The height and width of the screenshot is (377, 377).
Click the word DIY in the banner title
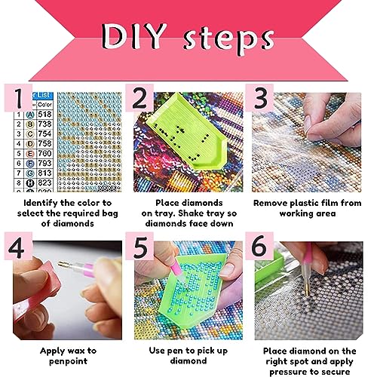point(134,36)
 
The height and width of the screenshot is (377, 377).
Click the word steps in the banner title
point(228,39)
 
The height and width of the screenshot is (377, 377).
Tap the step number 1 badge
point(18,98)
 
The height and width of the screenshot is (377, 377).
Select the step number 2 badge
point(139,98)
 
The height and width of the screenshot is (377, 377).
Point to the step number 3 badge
point(259,98)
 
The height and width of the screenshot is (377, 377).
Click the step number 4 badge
point(18,246)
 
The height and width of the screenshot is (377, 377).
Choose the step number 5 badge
point(139,246)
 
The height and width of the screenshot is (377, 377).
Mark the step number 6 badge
point(259,246)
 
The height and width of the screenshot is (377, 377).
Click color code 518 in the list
point(44,115)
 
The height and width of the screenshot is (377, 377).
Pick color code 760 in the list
point(44,153)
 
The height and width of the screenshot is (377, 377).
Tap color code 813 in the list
point(44,173)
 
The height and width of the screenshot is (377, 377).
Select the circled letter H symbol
point(30,183)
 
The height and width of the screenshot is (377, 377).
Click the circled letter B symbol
point(30,124)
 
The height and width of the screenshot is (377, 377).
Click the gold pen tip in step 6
point(308,290)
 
